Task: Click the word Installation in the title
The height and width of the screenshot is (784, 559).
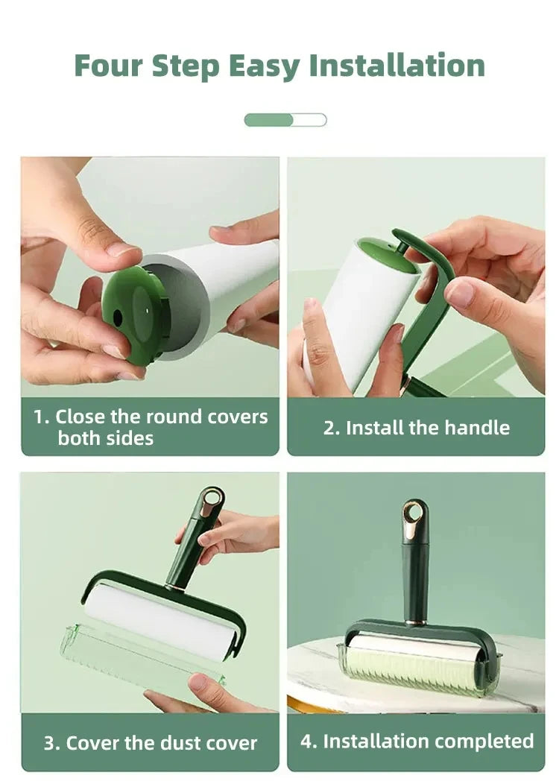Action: click(397, 66)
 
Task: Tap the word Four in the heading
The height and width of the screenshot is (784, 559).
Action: click(108, 66)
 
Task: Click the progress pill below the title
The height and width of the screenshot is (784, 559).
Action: click(285, 120)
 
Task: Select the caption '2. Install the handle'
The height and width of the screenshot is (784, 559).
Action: click(416, 428)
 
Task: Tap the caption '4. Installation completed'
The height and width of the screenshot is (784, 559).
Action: click(417, 741)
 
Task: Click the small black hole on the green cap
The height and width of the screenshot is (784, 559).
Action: click(118, 317)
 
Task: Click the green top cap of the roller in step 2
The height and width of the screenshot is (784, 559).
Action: click(388, 255)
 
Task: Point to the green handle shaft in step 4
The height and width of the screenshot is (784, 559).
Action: click(415, 574)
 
